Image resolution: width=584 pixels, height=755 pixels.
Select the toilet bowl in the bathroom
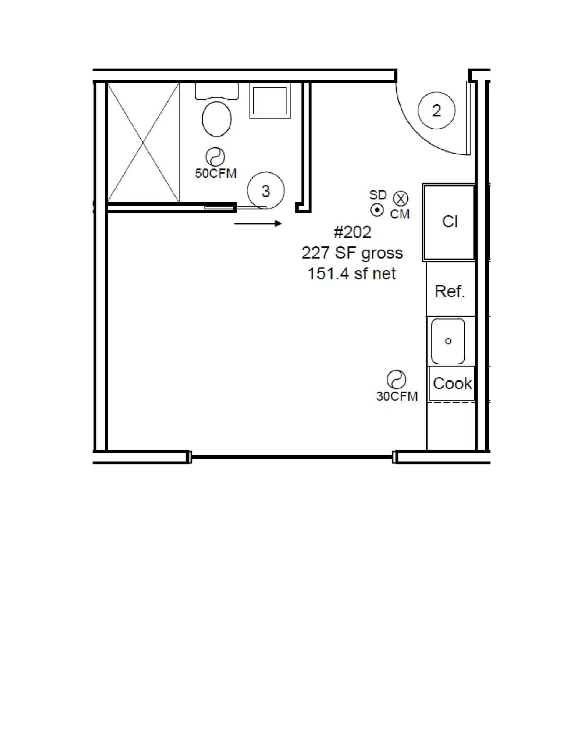click(217, 119)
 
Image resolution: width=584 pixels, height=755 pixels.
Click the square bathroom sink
click(270, 101)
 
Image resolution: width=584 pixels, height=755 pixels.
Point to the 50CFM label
click(215, 173)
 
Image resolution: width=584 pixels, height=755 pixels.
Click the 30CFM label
click(397, 396)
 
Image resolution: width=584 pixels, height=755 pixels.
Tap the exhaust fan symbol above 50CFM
click(215, 157)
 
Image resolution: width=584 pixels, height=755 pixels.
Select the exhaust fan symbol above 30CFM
click(396, 380)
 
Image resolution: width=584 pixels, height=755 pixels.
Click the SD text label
click(378, 195)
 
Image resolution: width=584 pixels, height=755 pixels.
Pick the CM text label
click(400, 214)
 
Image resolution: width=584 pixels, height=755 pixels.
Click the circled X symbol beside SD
click(401, 199)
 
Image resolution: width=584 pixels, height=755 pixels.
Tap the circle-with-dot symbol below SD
click(377, 210)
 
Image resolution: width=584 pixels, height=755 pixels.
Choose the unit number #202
click(352, 232)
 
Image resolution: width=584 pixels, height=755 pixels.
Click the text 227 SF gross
click(352, 253)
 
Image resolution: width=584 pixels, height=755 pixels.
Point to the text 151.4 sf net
click(352, 274)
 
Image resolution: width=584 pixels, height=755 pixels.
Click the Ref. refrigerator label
click(450, 291)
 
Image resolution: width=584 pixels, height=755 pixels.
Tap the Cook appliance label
click(452, 384)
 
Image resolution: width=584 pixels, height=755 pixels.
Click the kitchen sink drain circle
click(448, 341)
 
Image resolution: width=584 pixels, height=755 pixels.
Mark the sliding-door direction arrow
click(258, 224)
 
